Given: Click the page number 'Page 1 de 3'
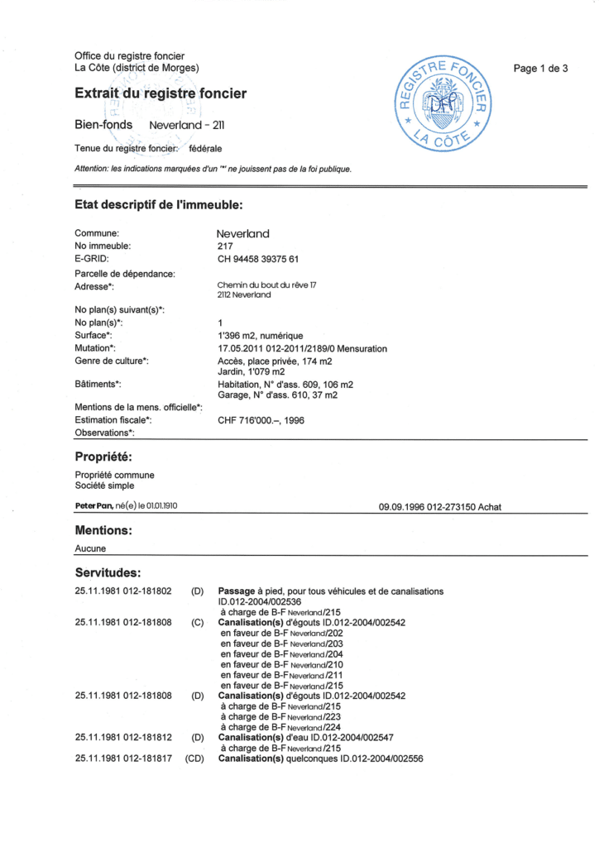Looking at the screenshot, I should [x=540, y=69].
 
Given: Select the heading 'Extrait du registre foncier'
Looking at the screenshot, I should [x=161, y=94].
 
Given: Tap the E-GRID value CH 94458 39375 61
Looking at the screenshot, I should [x=256, y=259].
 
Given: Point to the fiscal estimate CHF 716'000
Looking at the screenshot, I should [x=260, y=420].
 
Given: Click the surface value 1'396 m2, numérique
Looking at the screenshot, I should [x=260, y=336].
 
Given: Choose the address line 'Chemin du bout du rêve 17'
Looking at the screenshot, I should [x=267, y=285].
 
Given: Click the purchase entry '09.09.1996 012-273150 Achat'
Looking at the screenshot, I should [x=439, y=506].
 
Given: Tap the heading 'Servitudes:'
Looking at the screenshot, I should [x=108, y=572].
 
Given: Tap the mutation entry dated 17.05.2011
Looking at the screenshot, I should [x=302, y=349].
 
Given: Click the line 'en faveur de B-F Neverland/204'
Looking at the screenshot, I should [x=281, y=653].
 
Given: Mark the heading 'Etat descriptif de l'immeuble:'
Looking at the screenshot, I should [x=158, y=204].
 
